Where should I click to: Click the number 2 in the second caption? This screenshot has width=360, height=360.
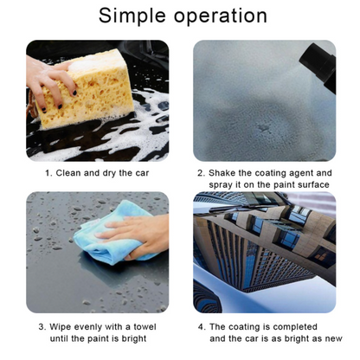point(201,172)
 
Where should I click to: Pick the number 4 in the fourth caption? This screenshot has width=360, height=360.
point(201,326)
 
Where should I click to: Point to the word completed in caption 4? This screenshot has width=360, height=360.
point(294,326)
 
